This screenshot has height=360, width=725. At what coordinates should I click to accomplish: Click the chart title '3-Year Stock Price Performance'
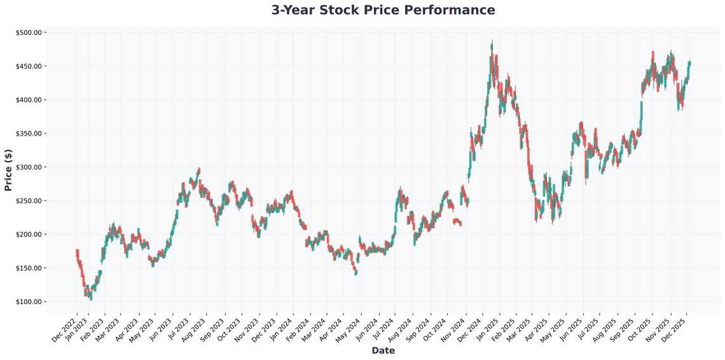click(x=383, y=10)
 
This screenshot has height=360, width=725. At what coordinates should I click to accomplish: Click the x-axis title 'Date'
click(x=383, y=350)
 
